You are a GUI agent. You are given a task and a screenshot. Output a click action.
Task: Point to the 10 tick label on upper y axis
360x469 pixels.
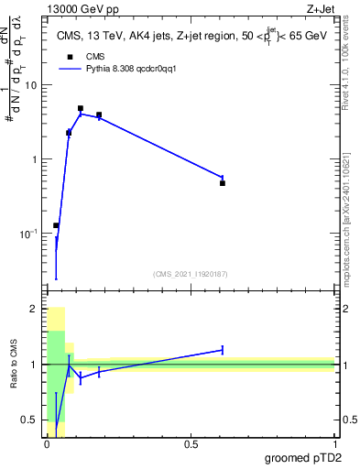point(34,85)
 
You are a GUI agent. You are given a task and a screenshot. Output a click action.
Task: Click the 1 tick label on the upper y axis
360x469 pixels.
point(38,159)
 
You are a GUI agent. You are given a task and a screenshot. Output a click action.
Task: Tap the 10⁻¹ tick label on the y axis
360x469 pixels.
point(31,234)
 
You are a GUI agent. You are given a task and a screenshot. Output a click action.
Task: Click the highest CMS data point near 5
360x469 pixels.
point(81,108)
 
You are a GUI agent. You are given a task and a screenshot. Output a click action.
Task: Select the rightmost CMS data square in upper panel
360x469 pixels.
point(223,183)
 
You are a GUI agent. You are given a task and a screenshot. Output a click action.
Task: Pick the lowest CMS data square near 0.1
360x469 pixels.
point(56,225)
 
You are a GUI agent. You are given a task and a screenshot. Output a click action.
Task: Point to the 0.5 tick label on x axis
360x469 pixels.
point(191,443)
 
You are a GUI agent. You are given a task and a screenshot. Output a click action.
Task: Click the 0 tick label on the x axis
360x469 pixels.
point(47,443)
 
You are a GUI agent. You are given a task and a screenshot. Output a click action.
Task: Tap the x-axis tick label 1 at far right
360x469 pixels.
point(334,443)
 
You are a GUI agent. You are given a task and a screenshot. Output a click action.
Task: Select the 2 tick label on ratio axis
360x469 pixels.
point(36,310)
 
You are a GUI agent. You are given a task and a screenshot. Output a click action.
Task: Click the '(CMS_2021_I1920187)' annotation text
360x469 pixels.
point(191,273)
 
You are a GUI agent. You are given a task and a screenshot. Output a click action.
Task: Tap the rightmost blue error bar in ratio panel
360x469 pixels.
point(223,349)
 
